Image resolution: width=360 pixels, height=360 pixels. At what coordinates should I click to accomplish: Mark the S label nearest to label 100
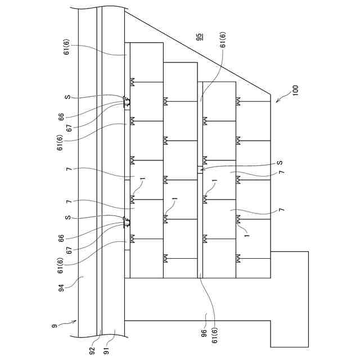(280, 163)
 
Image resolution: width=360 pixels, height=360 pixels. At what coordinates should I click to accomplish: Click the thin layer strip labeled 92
(100, 169)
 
